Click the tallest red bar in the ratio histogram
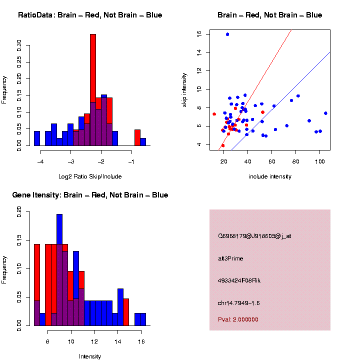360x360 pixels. pyautogui.click(x=92, y=75)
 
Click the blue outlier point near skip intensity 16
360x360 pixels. pyautogui.click(x=227, y=34)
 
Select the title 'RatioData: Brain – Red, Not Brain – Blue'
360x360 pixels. pyautogui.click(x=90, y=15)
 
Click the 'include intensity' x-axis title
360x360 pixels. pyautogui.click(x=270, y=176)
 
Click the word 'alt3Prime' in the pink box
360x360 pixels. pyautogui.click(x=230, y=258)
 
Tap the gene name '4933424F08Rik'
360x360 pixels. pyautogui.click(x=239, y=280)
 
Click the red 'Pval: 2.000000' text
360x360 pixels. pyautogui.click(x=238, y=319)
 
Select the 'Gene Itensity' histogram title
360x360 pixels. pyautogui.click(x=90, y=195)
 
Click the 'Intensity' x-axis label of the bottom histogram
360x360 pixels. pyautogui.click(x=90, y=356)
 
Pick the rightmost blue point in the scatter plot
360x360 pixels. pyautogui.click(x=325, y=113)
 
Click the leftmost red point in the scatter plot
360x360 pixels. pyautogui.click(x=214, y=114)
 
